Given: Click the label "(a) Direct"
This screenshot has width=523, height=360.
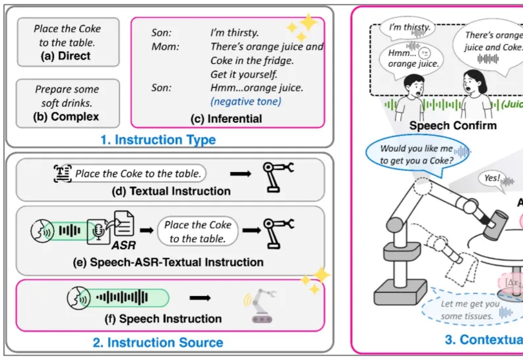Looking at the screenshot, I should [66, 56].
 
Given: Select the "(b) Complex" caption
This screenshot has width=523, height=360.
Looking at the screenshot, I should [68, 117].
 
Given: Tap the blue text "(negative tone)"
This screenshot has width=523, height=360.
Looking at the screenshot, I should [246, 102].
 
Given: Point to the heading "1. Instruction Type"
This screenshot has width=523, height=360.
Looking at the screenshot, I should [158, 140].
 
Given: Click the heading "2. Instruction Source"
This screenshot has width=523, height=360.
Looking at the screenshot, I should [158, 343].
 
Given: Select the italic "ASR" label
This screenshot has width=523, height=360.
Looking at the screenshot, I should [123, 246].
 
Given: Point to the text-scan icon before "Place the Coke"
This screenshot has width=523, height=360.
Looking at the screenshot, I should [62, 173].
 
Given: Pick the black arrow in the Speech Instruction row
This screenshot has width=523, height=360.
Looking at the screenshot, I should [200, 298].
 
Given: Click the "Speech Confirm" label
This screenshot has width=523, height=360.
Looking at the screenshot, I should [453, 126].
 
